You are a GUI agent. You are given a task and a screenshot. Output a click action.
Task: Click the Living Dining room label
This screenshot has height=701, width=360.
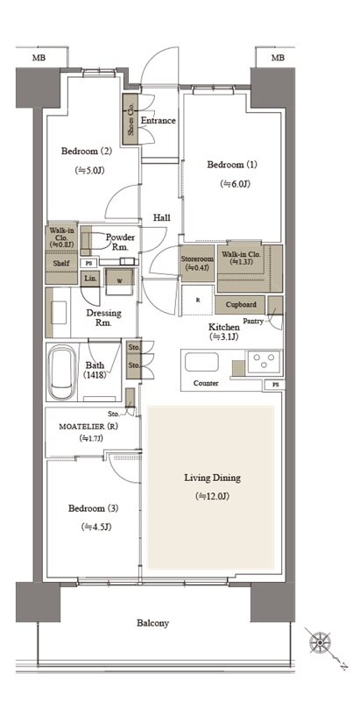[x=212, y=478]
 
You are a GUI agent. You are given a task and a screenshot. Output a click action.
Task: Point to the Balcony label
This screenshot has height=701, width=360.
[x=152, y=623]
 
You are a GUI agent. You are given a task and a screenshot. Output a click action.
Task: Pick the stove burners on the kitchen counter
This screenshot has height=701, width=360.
[x=264, y=361]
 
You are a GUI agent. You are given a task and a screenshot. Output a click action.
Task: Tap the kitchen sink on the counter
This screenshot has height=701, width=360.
[x=201, y=361]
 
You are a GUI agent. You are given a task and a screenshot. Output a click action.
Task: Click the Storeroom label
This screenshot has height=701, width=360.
[x=197, y=258]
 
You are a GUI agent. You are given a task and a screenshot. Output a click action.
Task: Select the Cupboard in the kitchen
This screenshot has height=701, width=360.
[x=241, y=304]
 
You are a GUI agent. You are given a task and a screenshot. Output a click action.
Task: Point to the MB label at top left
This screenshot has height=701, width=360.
[x=39, y=58]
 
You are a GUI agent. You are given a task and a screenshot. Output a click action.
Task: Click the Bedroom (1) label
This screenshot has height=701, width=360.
[x=232, y=165]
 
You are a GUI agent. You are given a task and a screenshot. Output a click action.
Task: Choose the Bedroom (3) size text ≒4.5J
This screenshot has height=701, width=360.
[x=96, y=528]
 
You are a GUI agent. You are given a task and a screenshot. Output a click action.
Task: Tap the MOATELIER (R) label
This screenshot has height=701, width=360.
[x=88, y=427]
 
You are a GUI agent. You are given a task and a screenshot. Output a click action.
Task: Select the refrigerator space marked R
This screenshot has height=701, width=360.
[x=198, y=300]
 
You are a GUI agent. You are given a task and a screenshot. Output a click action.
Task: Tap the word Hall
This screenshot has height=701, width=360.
[x=162, y=217]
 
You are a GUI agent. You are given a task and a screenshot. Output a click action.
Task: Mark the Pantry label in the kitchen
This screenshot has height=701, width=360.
[x=253, y=321]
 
